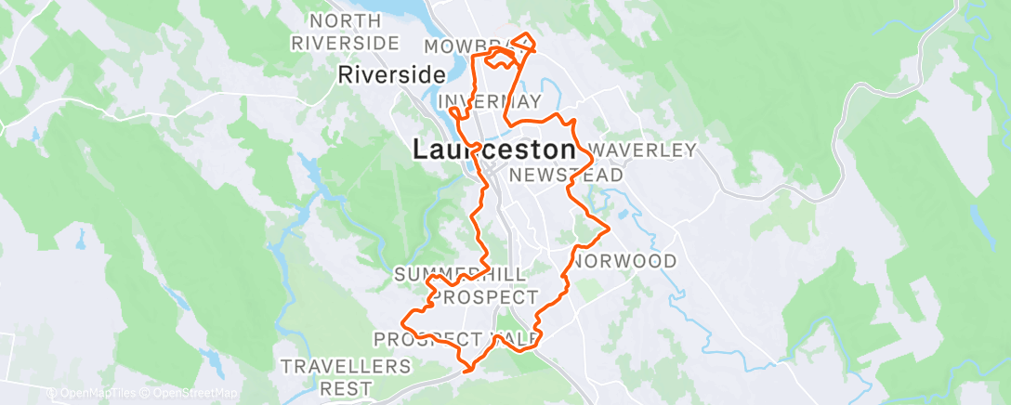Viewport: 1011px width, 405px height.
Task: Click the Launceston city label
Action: click(x=493, y=150)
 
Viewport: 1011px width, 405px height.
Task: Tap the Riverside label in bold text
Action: click(x=386, y=75)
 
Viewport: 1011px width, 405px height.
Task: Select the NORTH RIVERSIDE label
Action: click(x=346, y=32)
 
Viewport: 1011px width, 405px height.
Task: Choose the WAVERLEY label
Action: click(x=642, y=150)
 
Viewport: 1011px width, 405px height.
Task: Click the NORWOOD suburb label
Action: click(x=625, y=261)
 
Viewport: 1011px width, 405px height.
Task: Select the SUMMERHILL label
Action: click(x=460, y=275)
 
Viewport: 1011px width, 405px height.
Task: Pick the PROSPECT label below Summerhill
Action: click(x=486, y=297)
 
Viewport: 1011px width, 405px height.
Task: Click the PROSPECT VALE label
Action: click(x=455, y=338)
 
